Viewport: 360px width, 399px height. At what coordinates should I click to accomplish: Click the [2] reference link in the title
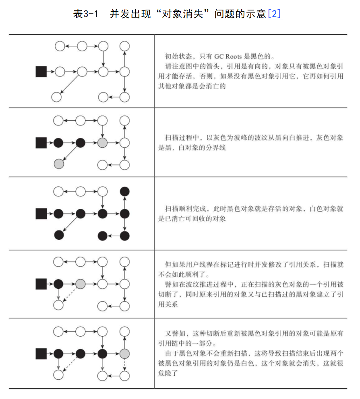point(275,14)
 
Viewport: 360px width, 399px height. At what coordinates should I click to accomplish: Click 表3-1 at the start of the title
point(86,14)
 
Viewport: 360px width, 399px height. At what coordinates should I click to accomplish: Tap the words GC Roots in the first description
point(240,56)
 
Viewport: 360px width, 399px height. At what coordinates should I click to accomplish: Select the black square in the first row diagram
point(41,72)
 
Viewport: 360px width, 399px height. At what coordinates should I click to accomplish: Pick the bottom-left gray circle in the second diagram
point(59,164)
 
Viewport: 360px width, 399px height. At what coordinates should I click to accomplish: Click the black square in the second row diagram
point(41,142)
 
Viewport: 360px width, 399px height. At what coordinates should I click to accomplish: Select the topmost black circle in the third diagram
point(125,191)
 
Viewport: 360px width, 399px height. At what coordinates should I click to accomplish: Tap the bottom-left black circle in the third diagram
point(59,235)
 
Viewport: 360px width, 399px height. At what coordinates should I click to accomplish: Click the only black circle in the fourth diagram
point(59,284)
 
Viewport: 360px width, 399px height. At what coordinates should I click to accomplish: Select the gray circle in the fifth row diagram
point(125,354)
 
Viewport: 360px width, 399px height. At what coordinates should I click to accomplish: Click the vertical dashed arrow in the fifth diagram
point(125,365)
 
